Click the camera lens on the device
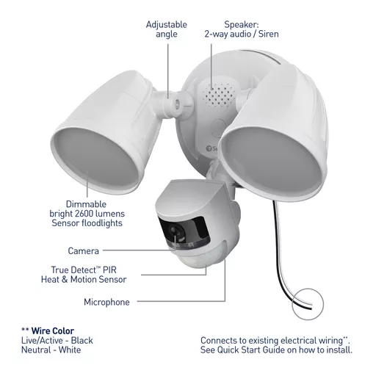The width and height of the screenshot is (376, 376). click(175, 231)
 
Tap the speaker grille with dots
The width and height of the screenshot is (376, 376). click(219, 95)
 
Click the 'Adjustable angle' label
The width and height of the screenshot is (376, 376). click(167, 29)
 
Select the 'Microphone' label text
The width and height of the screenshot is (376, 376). click(106, 302)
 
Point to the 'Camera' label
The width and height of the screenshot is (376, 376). click(84, 250)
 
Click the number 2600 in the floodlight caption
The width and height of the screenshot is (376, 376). click(84, 214)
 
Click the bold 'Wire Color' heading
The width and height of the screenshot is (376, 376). click(53, 330)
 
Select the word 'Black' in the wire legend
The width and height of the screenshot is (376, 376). click(82, 340)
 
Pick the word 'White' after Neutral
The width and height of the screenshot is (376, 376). click(70, 350)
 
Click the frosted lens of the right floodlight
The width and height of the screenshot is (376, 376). click(270, 164)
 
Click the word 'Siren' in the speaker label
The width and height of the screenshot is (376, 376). click(269, 34)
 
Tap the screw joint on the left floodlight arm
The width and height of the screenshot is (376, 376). click(176, 104)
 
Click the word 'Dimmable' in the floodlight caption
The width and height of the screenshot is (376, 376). click(86, 204)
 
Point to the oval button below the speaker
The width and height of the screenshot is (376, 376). click(219, 128)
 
